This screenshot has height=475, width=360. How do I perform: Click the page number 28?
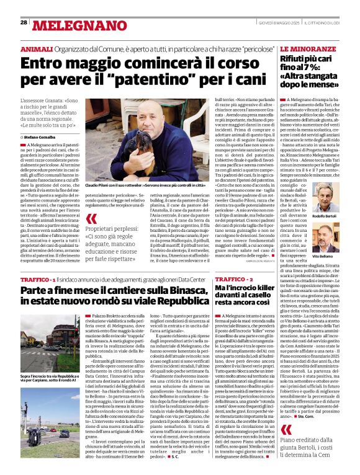(24, 22)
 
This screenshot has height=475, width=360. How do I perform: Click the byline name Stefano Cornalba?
(39, 136)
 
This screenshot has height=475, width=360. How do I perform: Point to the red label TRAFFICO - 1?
(39, 280)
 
